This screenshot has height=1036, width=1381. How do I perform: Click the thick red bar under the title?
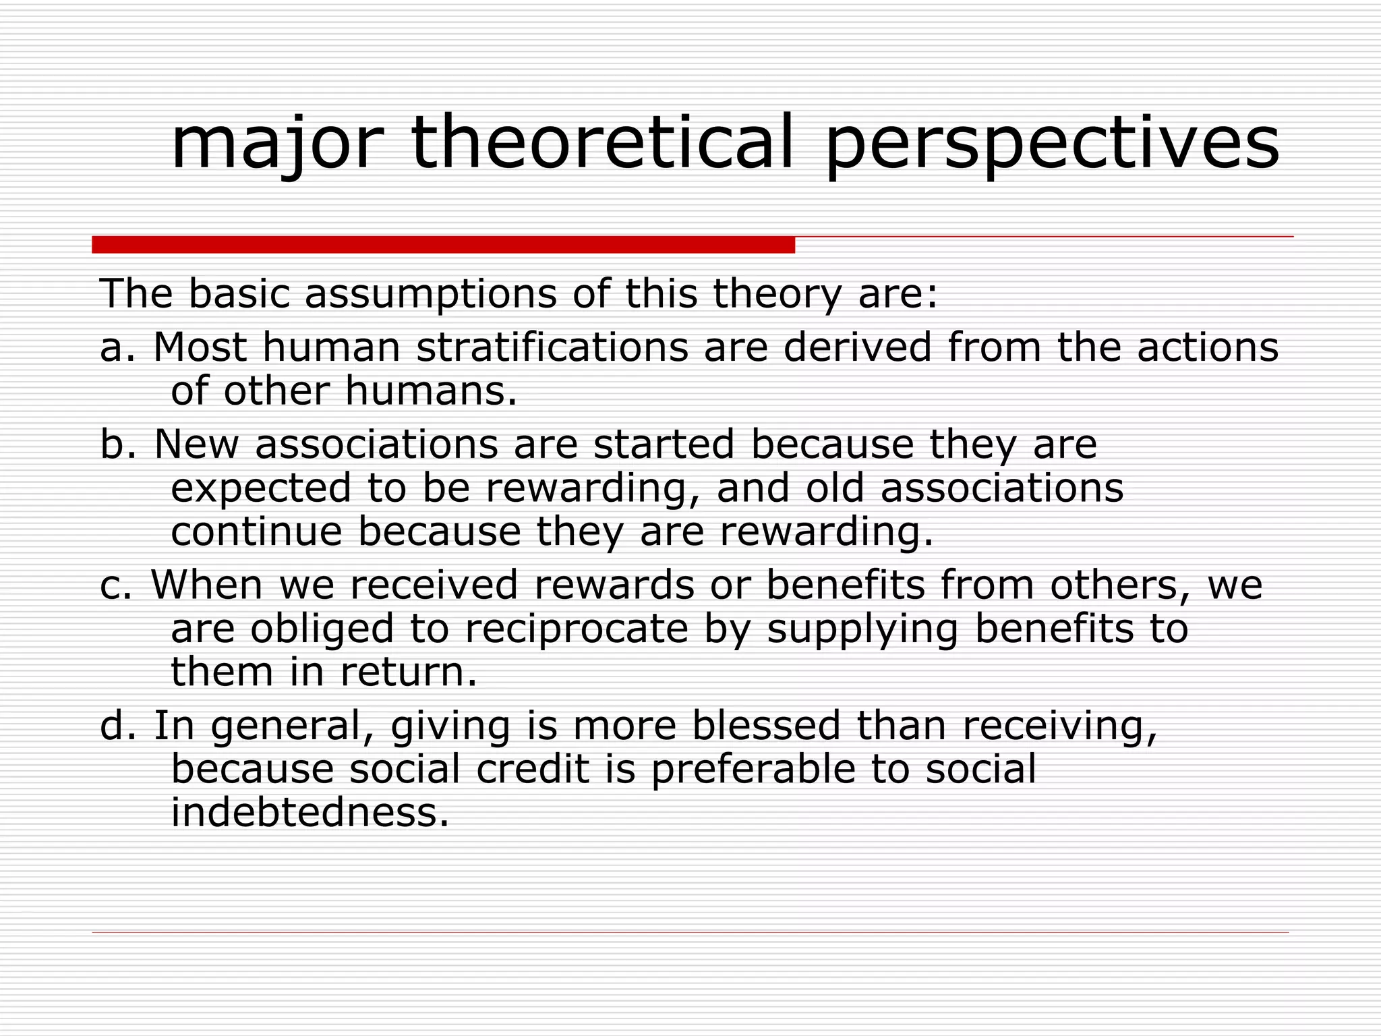443,245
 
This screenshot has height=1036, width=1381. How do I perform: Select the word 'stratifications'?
552,348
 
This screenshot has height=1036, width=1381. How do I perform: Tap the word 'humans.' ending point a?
431,391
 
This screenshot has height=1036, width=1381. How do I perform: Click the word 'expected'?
261,489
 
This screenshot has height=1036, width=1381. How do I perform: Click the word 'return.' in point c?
409,672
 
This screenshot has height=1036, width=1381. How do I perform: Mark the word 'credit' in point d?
533,770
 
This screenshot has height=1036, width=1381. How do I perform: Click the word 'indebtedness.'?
310,813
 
